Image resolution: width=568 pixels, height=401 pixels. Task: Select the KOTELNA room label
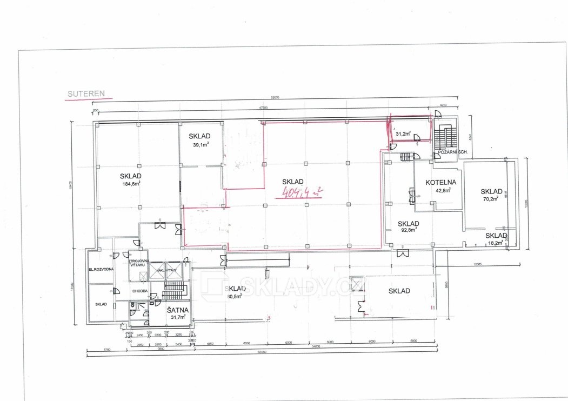[x=441, y=182]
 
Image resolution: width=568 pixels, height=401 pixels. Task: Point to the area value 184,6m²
[x=131, y=183]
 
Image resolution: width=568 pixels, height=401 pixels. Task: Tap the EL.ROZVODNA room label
[x=101, y=269]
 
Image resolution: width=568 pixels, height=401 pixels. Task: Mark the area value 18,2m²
[x=494, y=243]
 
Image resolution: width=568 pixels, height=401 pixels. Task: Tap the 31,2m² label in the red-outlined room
[x=403, y=133]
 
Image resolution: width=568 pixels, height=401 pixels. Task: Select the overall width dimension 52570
[x=278, y=98]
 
